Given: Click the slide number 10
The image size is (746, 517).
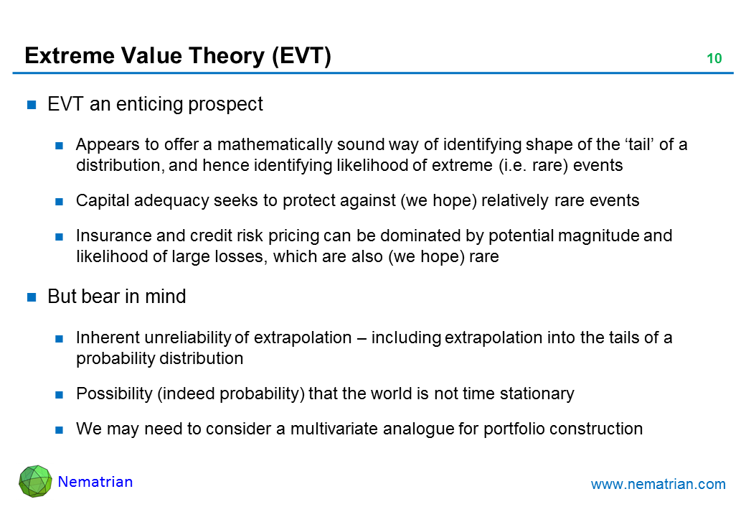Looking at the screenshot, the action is (714, 59).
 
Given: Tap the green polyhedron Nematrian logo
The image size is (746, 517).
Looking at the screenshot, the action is (35, 481).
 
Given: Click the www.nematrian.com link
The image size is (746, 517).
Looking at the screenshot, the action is (658, 484).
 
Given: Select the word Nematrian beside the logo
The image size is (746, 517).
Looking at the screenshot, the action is (95, 482).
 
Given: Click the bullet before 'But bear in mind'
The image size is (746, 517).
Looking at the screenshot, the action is (32, 297).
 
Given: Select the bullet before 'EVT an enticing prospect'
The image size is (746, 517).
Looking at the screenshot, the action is (32, 105).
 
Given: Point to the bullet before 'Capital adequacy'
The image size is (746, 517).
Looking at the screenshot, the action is (59, 202).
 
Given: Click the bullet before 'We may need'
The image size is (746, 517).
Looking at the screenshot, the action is (59, 430).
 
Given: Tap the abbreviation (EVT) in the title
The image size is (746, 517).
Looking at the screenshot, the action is (302, 56).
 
